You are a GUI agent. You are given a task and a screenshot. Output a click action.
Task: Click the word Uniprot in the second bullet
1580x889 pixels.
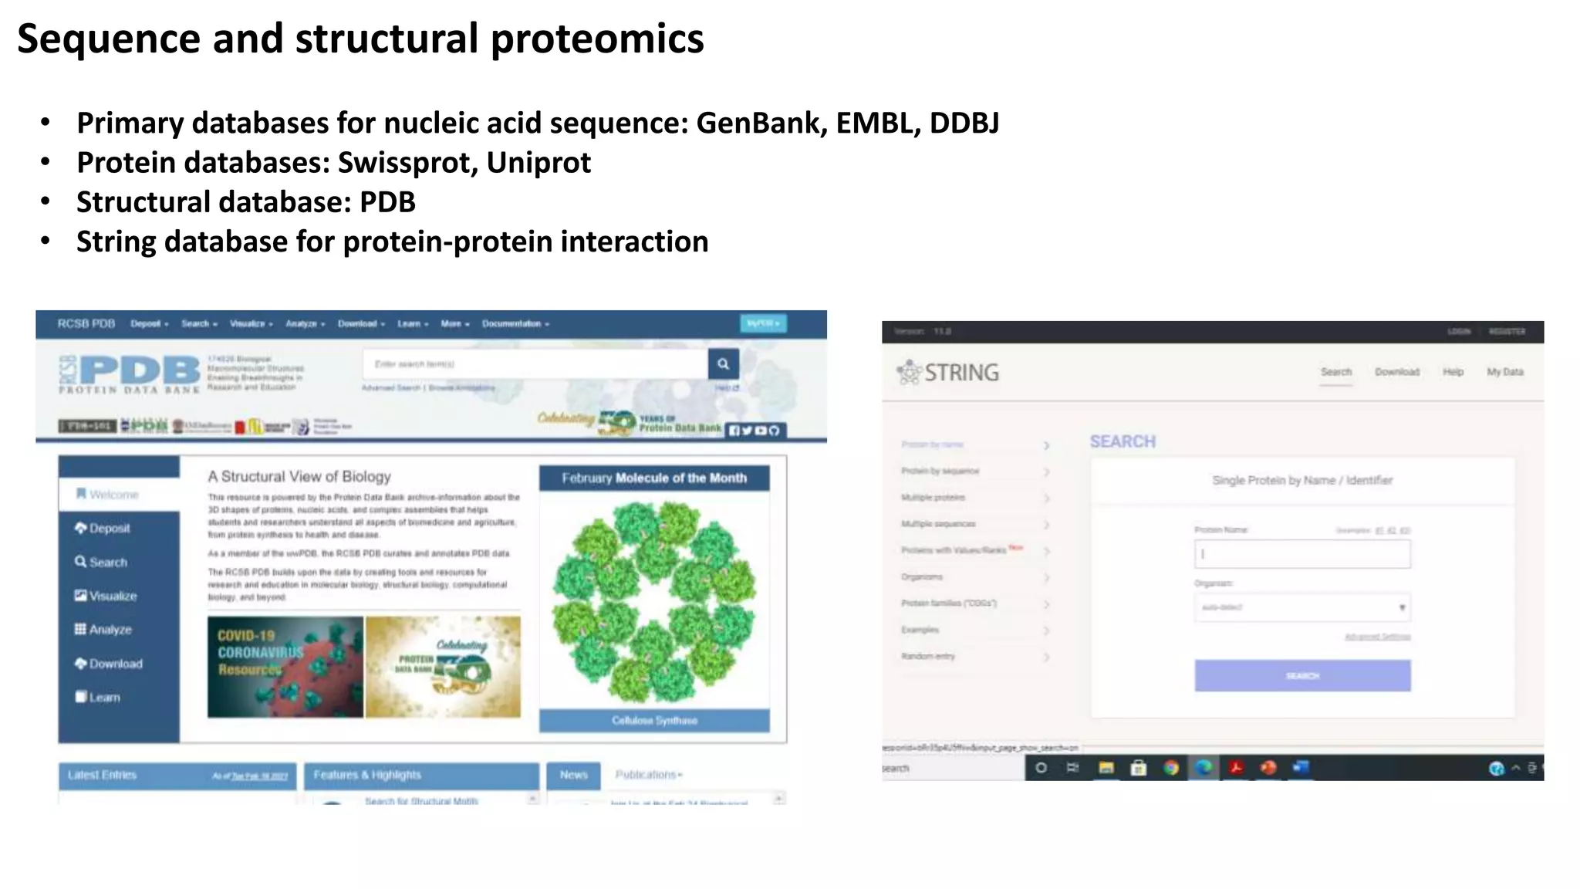538,163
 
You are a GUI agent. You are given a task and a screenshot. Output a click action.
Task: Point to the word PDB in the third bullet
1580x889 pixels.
387,202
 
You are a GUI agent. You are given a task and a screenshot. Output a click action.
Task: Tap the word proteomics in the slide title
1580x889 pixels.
596,39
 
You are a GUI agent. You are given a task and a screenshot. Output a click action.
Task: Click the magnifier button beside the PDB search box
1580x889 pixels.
723,363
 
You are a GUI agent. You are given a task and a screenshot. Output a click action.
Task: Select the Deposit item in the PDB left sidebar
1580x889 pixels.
109,529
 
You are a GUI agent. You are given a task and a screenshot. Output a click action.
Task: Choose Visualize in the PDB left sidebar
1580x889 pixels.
112,596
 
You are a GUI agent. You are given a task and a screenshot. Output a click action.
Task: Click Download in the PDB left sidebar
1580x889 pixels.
115,664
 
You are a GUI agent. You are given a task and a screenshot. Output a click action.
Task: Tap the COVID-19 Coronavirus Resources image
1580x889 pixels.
285,667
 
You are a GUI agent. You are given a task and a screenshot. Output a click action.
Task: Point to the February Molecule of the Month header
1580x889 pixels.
654,478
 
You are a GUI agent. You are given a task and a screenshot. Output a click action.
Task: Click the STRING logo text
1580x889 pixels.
960,373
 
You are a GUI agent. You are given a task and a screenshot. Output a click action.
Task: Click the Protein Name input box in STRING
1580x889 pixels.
1302,554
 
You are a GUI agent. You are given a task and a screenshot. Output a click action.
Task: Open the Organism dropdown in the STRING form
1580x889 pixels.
1302,607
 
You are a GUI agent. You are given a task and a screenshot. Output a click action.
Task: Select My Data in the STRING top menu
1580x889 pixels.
1504,372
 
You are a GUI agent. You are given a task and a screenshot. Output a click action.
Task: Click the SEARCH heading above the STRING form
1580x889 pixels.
1123,441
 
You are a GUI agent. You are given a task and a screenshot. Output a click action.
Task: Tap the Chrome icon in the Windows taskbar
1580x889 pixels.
1171,768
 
